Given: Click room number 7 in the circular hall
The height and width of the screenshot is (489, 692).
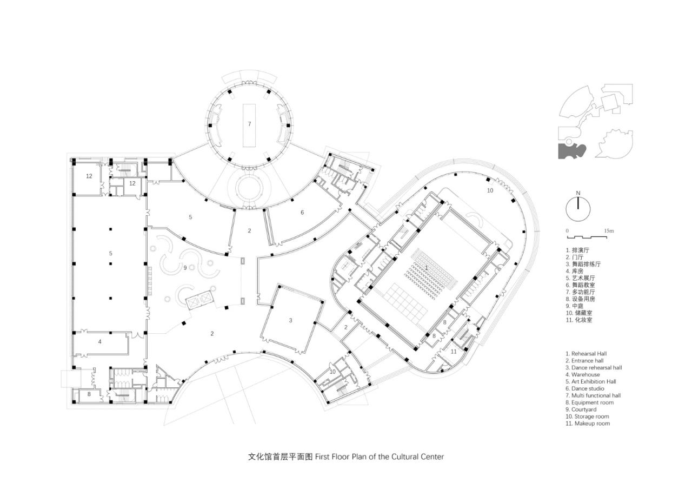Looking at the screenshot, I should (x=249, y=124).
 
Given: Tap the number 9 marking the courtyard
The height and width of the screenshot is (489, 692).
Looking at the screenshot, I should (x=185, y=267).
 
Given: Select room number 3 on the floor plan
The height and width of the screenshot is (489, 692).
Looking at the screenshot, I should (x=290, y=321).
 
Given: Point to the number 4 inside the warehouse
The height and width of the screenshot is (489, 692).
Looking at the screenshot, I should (x=99, y=342).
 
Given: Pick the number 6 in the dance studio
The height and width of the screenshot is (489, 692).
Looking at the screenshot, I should (x=302, y=213).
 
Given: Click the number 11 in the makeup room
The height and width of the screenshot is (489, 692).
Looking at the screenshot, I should (x=454, y=351).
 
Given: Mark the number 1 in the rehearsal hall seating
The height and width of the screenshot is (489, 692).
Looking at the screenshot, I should (x=426, y=268).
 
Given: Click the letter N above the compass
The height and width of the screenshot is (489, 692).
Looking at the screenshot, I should (x=578, y=193).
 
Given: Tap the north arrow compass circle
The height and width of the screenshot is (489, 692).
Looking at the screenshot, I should (x=578, y=209).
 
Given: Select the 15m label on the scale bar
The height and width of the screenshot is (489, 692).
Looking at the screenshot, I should (x=609, y=231).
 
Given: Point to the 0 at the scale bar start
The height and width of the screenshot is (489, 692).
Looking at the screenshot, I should (x=567, y=231).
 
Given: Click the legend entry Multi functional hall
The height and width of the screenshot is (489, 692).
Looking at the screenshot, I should (x=593, y=395).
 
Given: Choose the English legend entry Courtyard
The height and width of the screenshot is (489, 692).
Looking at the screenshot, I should (x=584, y=409).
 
